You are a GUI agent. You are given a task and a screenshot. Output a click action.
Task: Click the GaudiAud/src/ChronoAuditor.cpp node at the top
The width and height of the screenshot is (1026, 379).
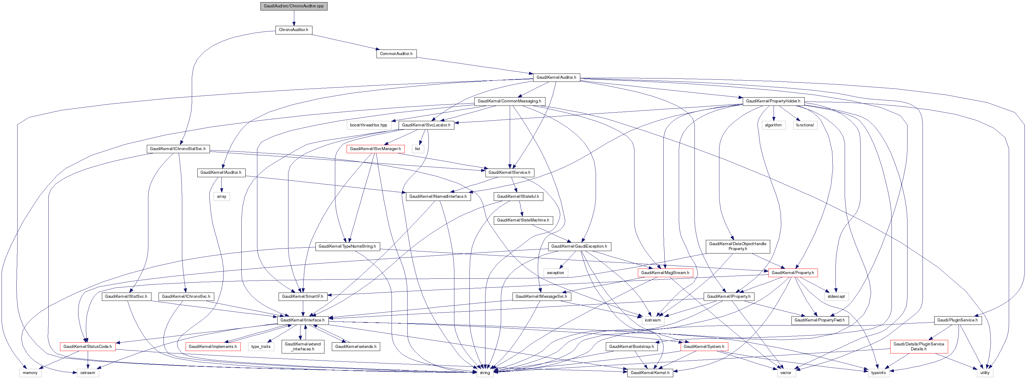coord(294,6)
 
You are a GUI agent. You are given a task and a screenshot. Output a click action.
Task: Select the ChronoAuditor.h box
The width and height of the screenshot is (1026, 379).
coord(294,30)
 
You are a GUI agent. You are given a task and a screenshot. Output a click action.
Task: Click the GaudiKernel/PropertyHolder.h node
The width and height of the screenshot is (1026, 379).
coord(773,101)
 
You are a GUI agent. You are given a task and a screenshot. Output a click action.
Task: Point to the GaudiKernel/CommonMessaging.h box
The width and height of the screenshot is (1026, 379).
coord(509,101)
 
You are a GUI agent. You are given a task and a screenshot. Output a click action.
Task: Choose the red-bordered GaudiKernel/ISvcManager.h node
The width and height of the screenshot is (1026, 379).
coord(375,149)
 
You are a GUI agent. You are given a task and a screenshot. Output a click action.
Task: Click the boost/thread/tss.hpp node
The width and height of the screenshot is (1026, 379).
coord(368,125)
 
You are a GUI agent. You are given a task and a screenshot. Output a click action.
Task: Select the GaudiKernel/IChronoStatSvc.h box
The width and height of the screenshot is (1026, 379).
coord(178,149)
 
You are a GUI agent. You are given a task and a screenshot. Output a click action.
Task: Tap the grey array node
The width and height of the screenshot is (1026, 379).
coord(221,196)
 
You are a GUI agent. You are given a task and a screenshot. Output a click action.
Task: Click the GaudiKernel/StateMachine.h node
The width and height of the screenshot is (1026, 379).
coord(523,220)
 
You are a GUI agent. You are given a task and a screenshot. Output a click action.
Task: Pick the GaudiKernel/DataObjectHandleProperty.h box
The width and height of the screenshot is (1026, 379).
coord(738,246)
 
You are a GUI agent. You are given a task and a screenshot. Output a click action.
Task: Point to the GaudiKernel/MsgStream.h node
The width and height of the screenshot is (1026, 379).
coord(665,273)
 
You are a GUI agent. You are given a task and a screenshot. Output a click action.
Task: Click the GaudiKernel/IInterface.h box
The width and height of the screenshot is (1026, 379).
coord(302,320)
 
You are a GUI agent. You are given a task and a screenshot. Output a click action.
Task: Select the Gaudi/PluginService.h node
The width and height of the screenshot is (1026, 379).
coord(957,320)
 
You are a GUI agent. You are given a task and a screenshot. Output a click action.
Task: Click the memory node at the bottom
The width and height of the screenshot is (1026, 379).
coord(30,373)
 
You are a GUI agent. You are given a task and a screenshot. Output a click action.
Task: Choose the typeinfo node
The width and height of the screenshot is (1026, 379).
coord(878,373)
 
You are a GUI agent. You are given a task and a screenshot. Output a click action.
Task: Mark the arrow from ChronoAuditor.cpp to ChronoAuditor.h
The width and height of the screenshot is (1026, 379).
coord(294,18)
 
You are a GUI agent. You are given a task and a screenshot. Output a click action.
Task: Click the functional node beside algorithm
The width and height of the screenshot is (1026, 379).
coord(805,125)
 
